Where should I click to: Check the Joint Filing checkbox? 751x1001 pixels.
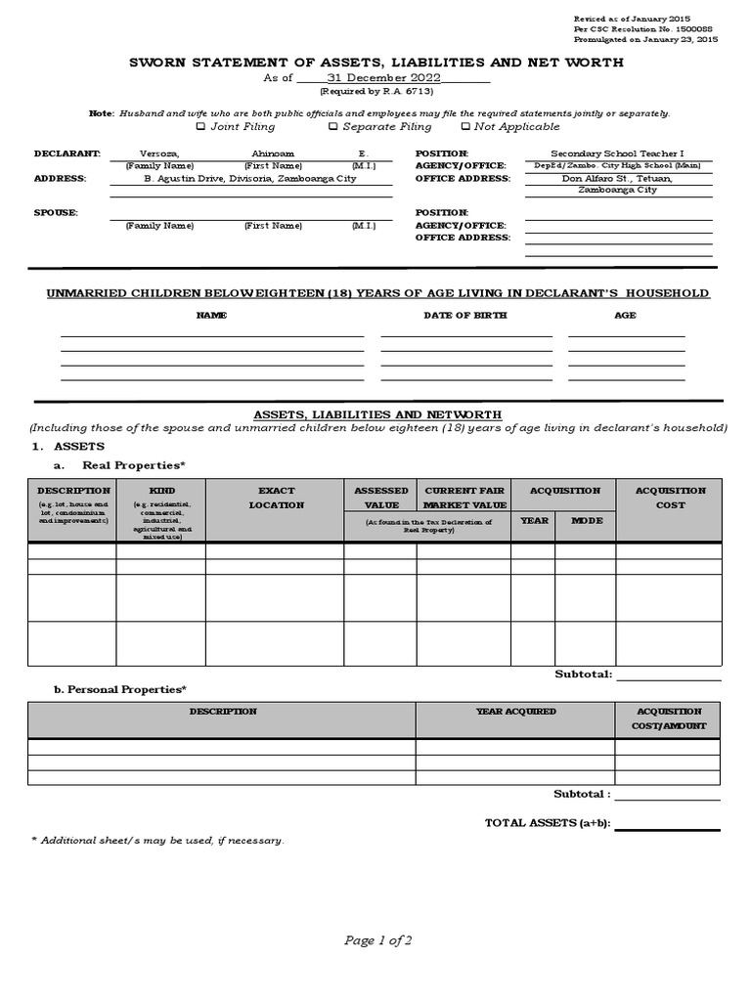pyautogui.click(x=200, y=126)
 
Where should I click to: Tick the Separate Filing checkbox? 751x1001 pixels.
pyautogui.click(x=332, y=126)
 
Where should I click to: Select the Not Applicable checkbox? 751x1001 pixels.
pyautogui.click(x=465, y=126)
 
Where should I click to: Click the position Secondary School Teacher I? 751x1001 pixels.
pyautogui.click(x=618, y=153)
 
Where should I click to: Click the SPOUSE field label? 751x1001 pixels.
pyautogui.click(x=56, y=212)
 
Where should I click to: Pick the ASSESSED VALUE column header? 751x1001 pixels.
pyautogui.click(x=380, y=498)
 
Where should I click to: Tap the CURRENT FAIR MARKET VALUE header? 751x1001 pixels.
pyautogui.click(x=464, y=498)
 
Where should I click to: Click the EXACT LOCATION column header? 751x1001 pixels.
pyautogui.click(x=276, y=498)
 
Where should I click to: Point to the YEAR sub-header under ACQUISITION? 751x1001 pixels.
pyautogui.click(x=534, y=520)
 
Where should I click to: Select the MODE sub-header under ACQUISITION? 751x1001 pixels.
pyautogui.click(x=587, y=520)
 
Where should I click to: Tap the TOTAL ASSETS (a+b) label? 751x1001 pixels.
pyautogui.click(x=548, y=823)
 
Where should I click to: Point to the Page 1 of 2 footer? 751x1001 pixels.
pyautogui.click(x=377, y=940)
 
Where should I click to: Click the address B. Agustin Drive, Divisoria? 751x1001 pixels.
pyautogui.click(x=250, y=179)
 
